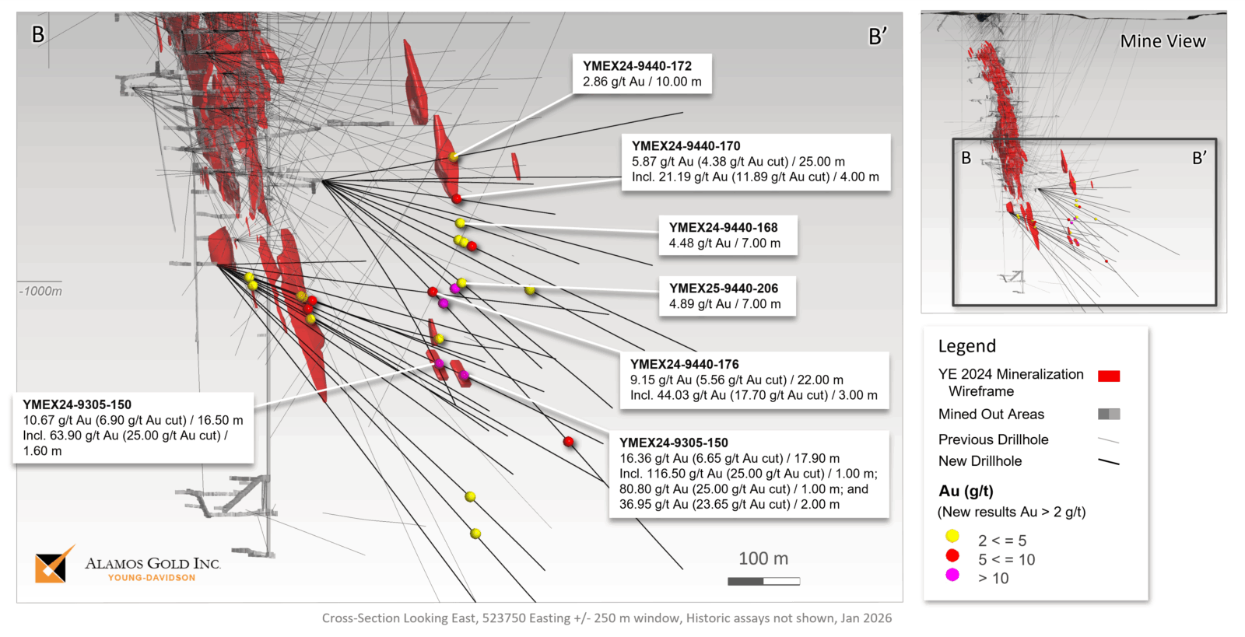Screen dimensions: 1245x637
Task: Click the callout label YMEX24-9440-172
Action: coord(637,66)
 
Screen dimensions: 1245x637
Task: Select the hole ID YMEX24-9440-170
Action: coord(686,146)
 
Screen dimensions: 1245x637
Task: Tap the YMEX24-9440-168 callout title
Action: coord(724,228)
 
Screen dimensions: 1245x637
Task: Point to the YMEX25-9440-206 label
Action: coord(724,289)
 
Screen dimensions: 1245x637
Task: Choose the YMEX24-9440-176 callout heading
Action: coord(685,365)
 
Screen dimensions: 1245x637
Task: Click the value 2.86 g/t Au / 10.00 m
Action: coord(642,82)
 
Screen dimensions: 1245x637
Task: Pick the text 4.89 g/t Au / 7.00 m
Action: coord(725,304)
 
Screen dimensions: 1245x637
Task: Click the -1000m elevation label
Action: coord(40,292)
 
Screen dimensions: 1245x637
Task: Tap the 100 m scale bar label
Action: coord(763,558)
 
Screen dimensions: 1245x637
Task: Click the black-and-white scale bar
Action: coord(764,581)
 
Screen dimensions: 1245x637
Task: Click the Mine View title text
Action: coord(1163,42)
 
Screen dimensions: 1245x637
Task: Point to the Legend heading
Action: coord(967,346)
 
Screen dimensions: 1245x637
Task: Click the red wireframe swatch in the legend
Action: coord(1109,376)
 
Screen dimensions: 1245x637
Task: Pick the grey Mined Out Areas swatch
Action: coord(1109,415)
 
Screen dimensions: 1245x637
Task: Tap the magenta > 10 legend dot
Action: coord(952,575)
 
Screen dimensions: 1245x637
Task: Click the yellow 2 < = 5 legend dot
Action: coord(952,536)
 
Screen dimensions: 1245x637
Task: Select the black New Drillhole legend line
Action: coord(1109,462)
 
